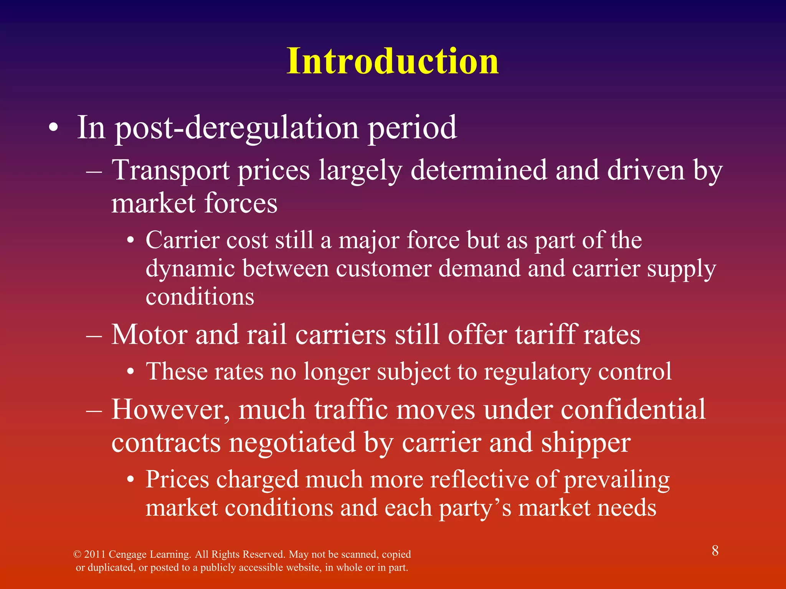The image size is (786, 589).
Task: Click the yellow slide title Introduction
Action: coord(393,61)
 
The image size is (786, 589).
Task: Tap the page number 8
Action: coord(715,551)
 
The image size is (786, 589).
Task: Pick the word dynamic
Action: coord(190,269)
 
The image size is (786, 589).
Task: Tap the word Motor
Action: coord(149,335)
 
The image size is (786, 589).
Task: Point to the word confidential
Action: coord(633,409)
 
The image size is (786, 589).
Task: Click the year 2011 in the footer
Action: coord(95,554)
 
